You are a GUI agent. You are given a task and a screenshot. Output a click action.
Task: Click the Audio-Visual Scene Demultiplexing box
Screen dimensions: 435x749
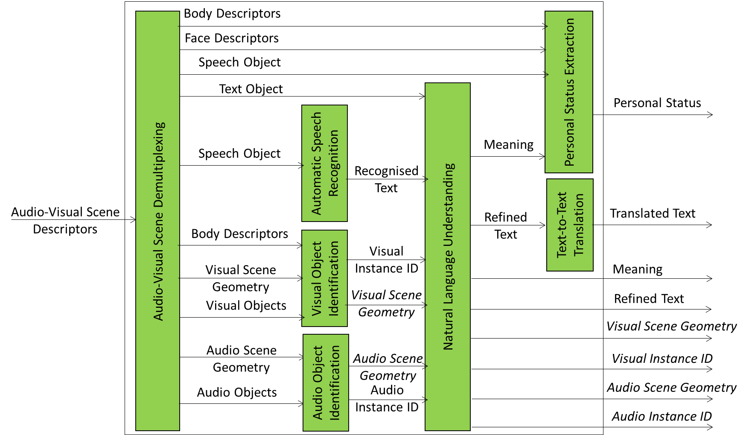coord(157,221)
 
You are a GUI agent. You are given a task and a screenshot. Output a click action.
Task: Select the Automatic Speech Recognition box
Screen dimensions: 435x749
coord(324,163)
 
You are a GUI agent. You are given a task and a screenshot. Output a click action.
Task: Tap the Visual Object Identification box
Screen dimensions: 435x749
coord(324,278)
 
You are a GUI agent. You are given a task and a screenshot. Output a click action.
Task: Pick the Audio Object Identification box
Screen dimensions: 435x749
coord(326,382)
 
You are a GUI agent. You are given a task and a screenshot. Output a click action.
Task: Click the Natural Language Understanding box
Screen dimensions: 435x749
coord(448,257)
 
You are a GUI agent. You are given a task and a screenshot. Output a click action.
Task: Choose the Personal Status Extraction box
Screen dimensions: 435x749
coord(569,92)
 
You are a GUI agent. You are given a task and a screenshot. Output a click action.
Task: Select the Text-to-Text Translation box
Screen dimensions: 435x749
coord(570,225)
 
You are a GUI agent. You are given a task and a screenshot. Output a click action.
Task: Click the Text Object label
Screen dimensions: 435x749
coord(251,89)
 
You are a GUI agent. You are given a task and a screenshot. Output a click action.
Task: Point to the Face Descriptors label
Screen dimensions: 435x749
coord(232,38)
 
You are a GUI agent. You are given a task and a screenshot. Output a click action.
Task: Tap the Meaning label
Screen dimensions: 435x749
coord(508,145)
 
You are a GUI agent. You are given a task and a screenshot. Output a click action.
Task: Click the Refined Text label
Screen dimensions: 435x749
coord(506,225)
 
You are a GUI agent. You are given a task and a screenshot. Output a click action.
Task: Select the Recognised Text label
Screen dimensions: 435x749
coord(386,179)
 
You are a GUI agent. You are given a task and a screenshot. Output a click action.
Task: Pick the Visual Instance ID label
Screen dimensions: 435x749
coord(386,260)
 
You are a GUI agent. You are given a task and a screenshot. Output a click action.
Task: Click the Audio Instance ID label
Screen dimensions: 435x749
coord(387,399)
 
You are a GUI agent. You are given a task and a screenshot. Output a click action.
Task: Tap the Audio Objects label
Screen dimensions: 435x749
coord(237,392)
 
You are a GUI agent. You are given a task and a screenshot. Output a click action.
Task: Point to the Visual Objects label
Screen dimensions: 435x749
coord(246,306)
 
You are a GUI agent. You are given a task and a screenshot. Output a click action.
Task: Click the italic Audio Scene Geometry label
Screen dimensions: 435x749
coord(388,367)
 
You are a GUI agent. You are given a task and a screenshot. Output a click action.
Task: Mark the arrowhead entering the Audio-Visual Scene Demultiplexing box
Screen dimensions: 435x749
coord(133,220)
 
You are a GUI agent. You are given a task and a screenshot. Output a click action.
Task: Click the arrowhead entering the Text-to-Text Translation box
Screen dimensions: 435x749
coord(543,225)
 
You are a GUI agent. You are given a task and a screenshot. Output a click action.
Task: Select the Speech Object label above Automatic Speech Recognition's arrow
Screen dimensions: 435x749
coord(239,154)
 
